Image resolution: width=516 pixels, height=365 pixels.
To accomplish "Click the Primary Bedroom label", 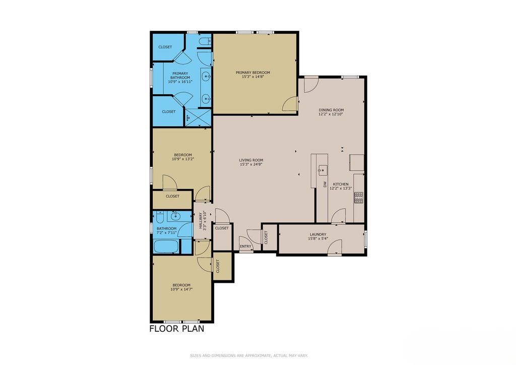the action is point(253,73).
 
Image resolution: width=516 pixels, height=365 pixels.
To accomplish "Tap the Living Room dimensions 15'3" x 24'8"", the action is point(251,164).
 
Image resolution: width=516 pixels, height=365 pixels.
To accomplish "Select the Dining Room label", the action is point(331,110).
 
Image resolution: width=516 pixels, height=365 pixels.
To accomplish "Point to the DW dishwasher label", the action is point(325,185).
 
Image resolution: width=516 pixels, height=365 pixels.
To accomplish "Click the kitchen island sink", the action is point(322,170).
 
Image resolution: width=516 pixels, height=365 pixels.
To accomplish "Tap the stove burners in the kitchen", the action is point(359,197).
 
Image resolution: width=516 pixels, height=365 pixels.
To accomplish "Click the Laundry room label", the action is point(317,234).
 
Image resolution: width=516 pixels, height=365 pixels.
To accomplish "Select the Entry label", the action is point(245,246).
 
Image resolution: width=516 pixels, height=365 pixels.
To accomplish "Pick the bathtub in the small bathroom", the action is point(166,246).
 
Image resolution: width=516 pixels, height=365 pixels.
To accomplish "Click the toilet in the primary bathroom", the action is point(206,41).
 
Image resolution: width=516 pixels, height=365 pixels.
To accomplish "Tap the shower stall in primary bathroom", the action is point(198,117).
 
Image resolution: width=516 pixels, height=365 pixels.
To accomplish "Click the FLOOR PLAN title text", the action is point(177,329).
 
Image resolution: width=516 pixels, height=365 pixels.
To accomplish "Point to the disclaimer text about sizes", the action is point(249,355).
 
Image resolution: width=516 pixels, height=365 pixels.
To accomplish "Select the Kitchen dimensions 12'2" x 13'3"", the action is point(341,189).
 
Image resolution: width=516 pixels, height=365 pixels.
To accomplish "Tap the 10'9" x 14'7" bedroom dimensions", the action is point(181,289).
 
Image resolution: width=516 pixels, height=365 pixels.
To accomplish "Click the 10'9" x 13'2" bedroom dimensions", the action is point(183,159).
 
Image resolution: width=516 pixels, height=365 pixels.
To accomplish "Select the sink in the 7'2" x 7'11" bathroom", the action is point(175,216).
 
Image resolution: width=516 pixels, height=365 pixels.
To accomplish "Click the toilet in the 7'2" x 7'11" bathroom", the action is point(160,217).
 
